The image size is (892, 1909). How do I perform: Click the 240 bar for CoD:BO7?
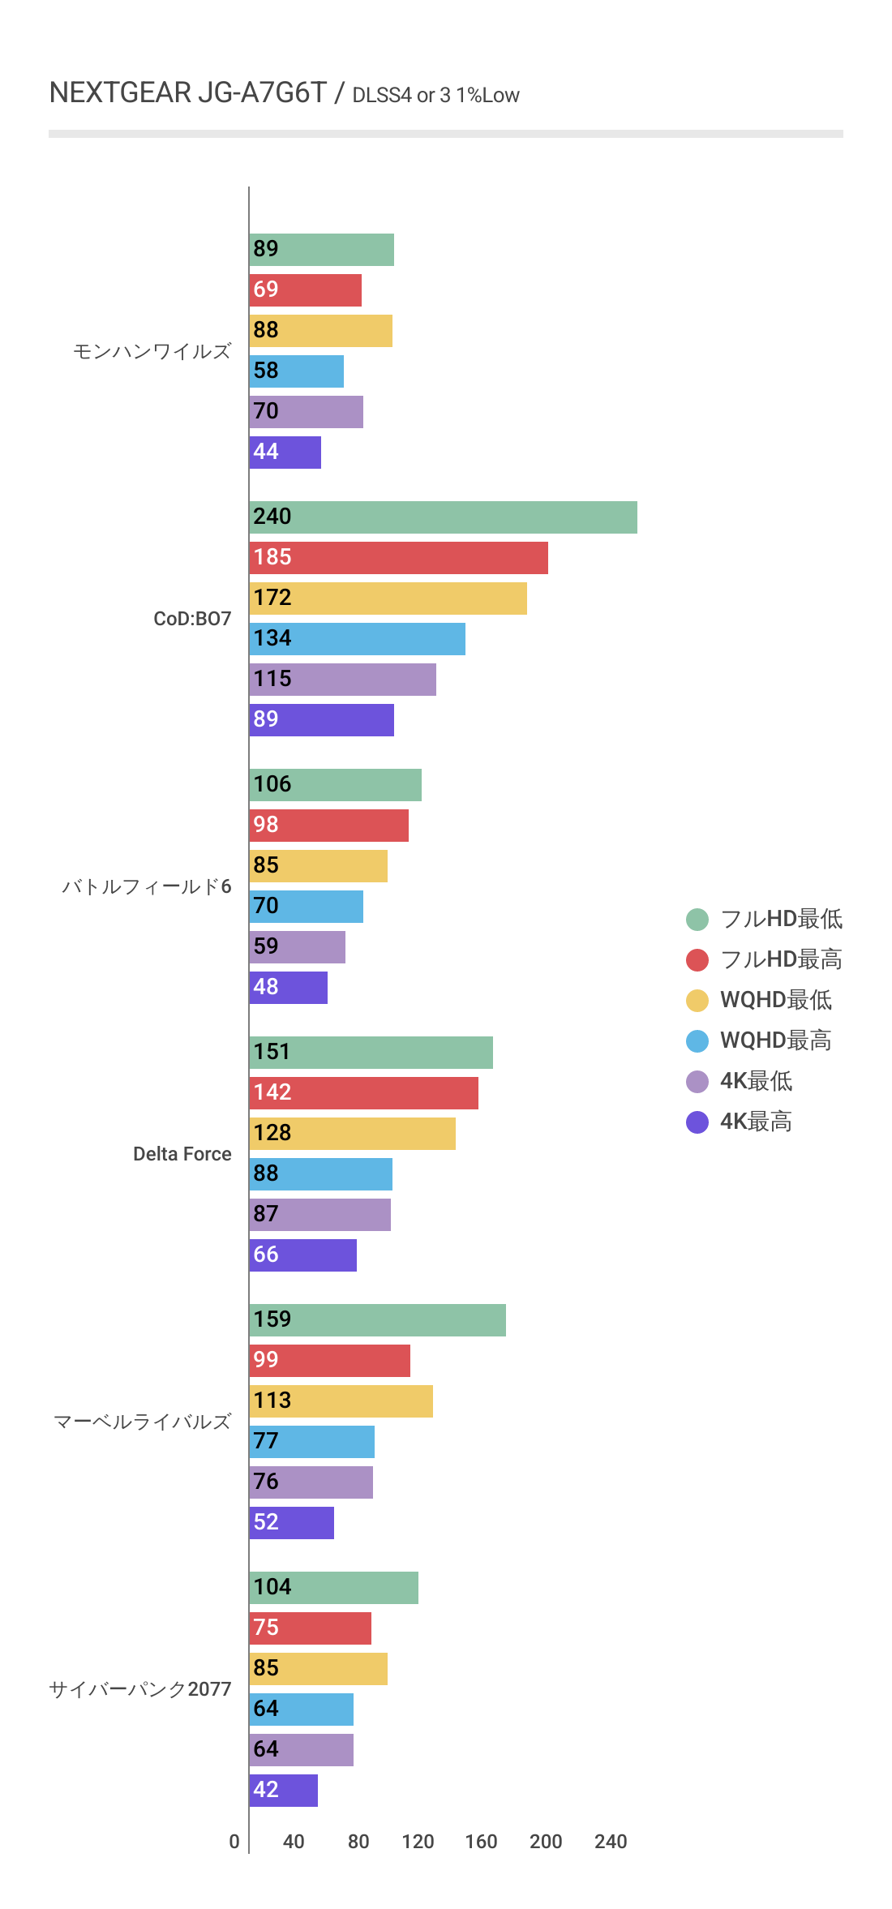point(443,517)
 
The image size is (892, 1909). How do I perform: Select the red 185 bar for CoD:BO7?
point(398,558)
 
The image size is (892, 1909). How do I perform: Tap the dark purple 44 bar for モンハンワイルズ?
point(285,453)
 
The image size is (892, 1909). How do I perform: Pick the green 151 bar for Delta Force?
point(371,1053)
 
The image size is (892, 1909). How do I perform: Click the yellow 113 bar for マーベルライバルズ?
point(341,1401)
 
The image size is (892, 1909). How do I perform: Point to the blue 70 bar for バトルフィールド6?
point(306,907)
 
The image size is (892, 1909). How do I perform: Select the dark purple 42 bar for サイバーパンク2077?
point(284,1791)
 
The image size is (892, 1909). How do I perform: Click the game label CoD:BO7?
point(192,619)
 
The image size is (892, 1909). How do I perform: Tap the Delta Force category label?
point(182,1154)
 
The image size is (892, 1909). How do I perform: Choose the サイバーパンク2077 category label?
point(140,1689)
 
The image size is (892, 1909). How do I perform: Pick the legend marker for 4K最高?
point(697,1122)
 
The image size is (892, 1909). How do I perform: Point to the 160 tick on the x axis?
point(481,1842)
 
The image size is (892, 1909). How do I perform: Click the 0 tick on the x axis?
point(234,1842)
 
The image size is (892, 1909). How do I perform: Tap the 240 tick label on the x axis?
point(611,1842)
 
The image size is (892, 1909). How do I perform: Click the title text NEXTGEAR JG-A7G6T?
point(187,93)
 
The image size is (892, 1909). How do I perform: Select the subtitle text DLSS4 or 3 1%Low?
point(435,96)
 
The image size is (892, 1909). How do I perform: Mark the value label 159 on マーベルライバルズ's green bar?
point(272,1319)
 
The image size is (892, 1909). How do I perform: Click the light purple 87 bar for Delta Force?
point(320,1215)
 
